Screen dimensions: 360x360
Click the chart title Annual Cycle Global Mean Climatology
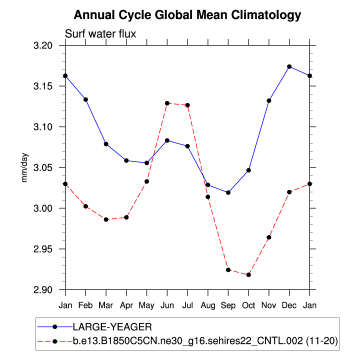coord(187,15)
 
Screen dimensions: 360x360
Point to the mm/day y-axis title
coord(24,167)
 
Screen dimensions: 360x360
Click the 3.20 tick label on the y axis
coord(49,45)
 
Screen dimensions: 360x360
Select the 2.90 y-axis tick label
coord(49,290)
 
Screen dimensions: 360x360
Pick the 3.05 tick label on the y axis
coord(49,167)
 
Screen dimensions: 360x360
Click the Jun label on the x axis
coord(167,304)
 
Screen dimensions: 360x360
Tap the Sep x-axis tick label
coord(228,304)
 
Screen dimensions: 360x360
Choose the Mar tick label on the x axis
coord(106,304)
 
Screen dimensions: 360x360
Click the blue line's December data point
coord(289,66)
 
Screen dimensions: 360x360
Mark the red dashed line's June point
coord(167,103)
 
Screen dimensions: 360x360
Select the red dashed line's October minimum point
coord(248,275)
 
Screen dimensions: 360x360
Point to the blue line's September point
coord(228,192)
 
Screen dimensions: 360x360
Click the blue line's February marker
coord(85,99)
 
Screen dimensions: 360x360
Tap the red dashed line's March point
coord(106,219)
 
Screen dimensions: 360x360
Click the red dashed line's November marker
coord(269,237)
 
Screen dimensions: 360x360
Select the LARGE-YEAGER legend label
coord(112,327)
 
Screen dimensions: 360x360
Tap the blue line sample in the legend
coord(55,327)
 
